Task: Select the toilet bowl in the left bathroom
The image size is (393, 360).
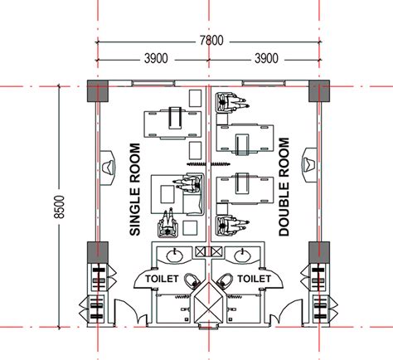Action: (191, 282)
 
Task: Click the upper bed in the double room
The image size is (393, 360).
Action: (245, 134)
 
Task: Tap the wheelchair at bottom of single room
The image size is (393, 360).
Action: (171, 223)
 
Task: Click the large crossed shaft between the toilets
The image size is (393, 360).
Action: (208, 309)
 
